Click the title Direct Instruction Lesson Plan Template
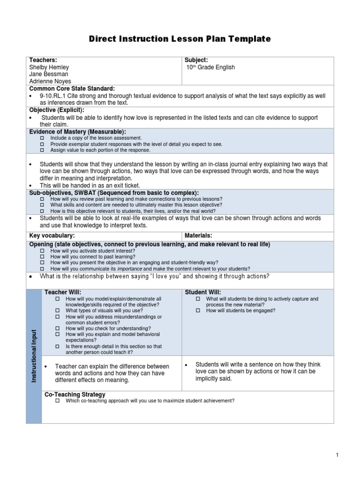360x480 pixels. pyautogui.click(x=180, y=39)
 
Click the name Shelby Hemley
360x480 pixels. pyautogui.click(x=49, y=67)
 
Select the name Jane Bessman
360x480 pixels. pyautogui.click(x=48, y=74)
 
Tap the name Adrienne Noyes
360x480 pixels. pyautogui.click(x=50, y=81)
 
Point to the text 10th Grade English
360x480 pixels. pyautogui.click(x=210, y=67)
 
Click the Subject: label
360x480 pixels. pyautogui.click(x=196, y=60)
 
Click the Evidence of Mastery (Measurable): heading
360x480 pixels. pyautogui.click(x=77, y=132)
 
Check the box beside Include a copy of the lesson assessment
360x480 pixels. pyautogui.click(x=42, y=138)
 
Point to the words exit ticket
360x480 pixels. pyautogui.click(x=136, y=186)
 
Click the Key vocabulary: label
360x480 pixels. pyautogui.click(x=52, y=235)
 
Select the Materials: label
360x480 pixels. pyautogui.click(x=199, y=235)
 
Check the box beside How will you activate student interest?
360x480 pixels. pyautogui.click(x=42, y=251)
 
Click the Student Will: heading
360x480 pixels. pyautogui.click(x=202, y=292)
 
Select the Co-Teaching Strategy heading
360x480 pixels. pyautogui.click(x=75, y=394)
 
